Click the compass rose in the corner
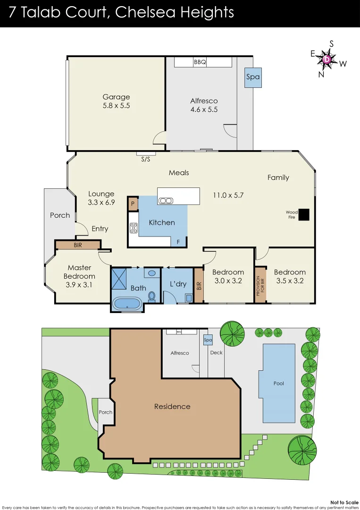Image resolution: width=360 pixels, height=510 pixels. point(327,59)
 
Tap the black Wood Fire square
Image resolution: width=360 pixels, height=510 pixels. point(304,215)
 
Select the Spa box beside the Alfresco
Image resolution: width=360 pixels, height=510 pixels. point(253,77)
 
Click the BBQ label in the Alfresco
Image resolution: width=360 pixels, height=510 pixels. point(200,62)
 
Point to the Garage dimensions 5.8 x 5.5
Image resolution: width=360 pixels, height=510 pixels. point(116,106)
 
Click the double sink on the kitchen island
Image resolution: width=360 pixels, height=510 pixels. point(166,200)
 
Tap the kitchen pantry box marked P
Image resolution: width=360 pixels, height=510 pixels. point(133,204)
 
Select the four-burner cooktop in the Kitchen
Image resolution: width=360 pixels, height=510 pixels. point(134,228)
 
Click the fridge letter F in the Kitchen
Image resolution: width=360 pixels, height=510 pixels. point(178,242)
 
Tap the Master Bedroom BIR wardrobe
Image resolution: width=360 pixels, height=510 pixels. point(77,245)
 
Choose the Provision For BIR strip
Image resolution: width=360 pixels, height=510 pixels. point(260,285)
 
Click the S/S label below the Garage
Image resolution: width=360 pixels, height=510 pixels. point(146,159)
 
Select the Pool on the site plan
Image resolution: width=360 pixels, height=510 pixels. point(278,383)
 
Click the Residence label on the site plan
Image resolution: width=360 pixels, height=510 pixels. point(172,407)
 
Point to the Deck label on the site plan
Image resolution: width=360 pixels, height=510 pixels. point(216,353)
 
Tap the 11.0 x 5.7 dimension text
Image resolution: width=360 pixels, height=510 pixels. point(228,195)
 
